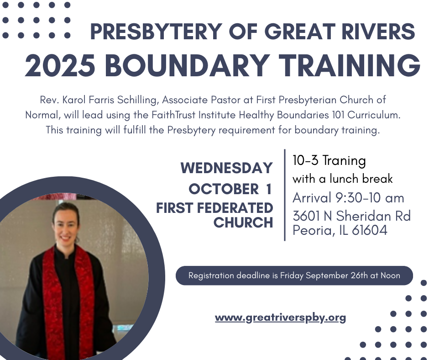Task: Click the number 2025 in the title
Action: click(60, 65)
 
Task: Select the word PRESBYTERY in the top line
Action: click(156, 32)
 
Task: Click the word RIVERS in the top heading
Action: click(378, 32)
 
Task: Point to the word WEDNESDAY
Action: click(226, 168)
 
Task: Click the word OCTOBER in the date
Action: click(224, 189)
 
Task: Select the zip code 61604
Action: click(369, 230)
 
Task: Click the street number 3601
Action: click(306, 216)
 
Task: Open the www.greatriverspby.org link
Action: click(280, 318)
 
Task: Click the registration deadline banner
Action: click(294, 275)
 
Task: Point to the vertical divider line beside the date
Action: click(285, 195)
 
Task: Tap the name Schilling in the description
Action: click(138, 100)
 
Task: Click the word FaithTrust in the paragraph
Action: click(173, 115)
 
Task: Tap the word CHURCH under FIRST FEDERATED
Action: click(243, 222)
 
